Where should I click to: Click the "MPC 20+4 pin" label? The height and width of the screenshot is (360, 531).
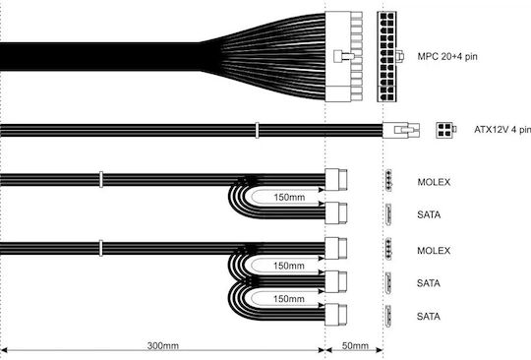click(447, 56)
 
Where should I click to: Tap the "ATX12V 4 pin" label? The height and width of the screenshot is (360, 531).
click(502, 130)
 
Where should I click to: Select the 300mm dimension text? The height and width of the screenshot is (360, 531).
click(163, 345)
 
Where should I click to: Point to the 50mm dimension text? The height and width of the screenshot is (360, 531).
click(355, 345)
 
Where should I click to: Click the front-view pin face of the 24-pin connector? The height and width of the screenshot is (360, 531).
click(386, 56)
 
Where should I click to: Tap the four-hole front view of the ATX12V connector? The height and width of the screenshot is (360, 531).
click(444, 130)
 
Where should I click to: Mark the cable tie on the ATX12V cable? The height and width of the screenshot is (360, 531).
click(257, 131)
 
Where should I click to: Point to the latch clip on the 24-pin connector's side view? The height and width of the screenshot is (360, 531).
click(344, 56)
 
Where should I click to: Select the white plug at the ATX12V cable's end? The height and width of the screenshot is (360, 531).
click(401, 130)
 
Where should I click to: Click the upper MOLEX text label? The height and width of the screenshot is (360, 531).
click(434, 182)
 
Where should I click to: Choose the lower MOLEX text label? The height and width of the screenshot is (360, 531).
click(434, 251)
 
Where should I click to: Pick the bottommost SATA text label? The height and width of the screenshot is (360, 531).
click(429, 317)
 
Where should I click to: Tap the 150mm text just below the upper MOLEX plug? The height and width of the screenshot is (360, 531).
click(289, 197)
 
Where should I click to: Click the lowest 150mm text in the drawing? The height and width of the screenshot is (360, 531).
click(289, 299)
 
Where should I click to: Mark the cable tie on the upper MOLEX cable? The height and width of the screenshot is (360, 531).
click(101, 179)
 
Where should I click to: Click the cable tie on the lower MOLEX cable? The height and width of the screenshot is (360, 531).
click(101, 248)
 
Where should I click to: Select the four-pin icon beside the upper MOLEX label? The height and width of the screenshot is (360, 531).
click(388, 181)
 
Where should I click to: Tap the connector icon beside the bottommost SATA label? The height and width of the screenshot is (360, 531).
click(388, 317)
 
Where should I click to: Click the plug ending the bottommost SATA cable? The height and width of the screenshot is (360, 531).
click(336, 315)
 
